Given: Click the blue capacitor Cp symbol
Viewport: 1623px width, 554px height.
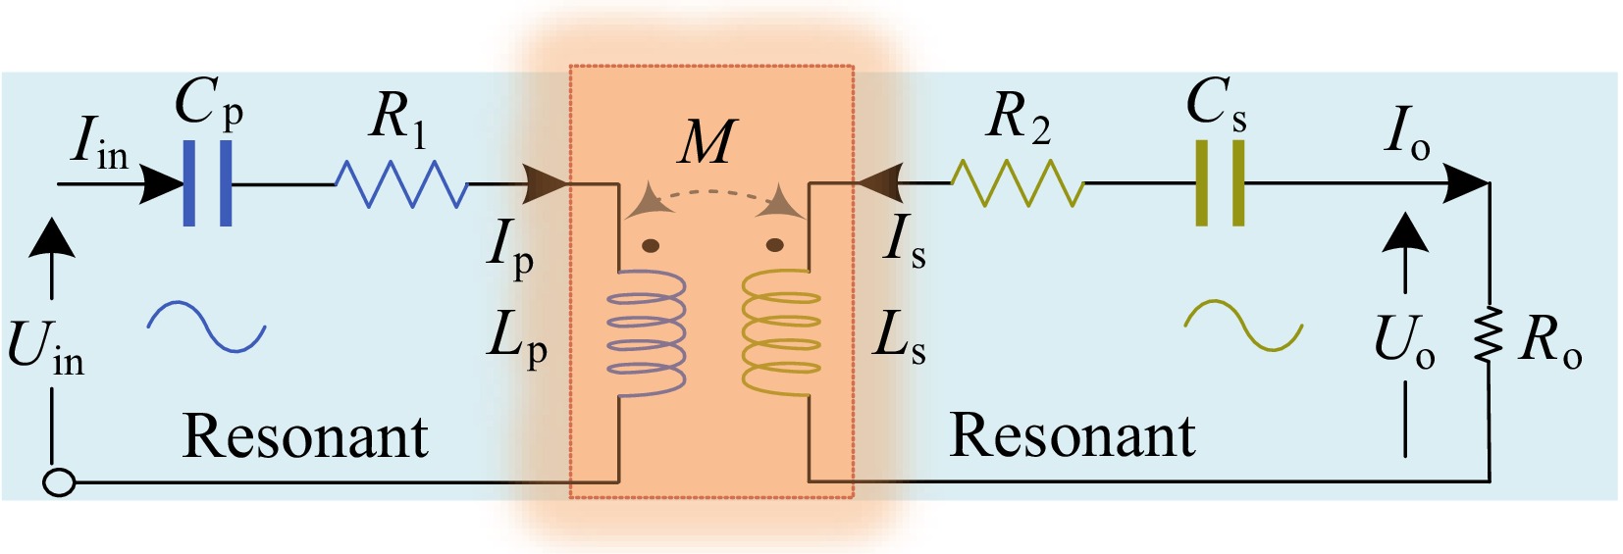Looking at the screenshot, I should pos(208,183).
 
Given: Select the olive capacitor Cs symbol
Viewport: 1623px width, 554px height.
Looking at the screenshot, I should pos(1220,183).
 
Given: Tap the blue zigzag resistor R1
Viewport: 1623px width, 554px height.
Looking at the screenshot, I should pos(400,183).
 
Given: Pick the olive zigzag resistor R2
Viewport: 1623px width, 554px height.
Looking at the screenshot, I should pos(1017,183).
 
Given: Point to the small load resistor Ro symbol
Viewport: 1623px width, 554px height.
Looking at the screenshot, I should pos(1489,334).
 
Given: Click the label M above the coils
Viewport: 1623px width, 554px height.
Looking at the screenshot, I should pos(706,141).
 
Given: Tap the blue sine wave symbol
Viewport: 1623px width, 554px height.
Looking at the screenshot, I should pos(207,327).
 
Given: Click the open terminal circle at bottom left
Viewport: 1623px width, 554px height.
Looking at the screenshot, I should pos(60,482).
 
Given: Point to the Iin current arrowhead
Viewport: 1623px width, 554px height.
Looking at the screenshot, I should pos(162,183).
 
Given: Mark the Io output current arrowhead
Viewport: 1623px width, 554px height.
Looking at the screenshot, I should pos(1468,183).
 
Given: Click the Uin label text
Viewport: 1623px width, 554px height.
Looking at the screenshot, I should pos(45,348).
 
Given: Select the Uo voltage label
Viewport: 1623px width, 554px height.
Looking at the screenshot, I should pos(1404,341).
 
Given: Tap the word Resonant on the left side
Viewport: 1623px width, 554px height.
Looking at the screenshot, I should pos(305,436).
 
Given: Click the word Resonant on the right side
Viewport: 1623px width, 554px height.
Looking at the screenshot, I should pos(1073,435).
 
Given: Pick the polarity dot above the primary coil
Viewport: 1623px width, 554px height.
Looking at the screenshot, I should pos(650,245).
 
